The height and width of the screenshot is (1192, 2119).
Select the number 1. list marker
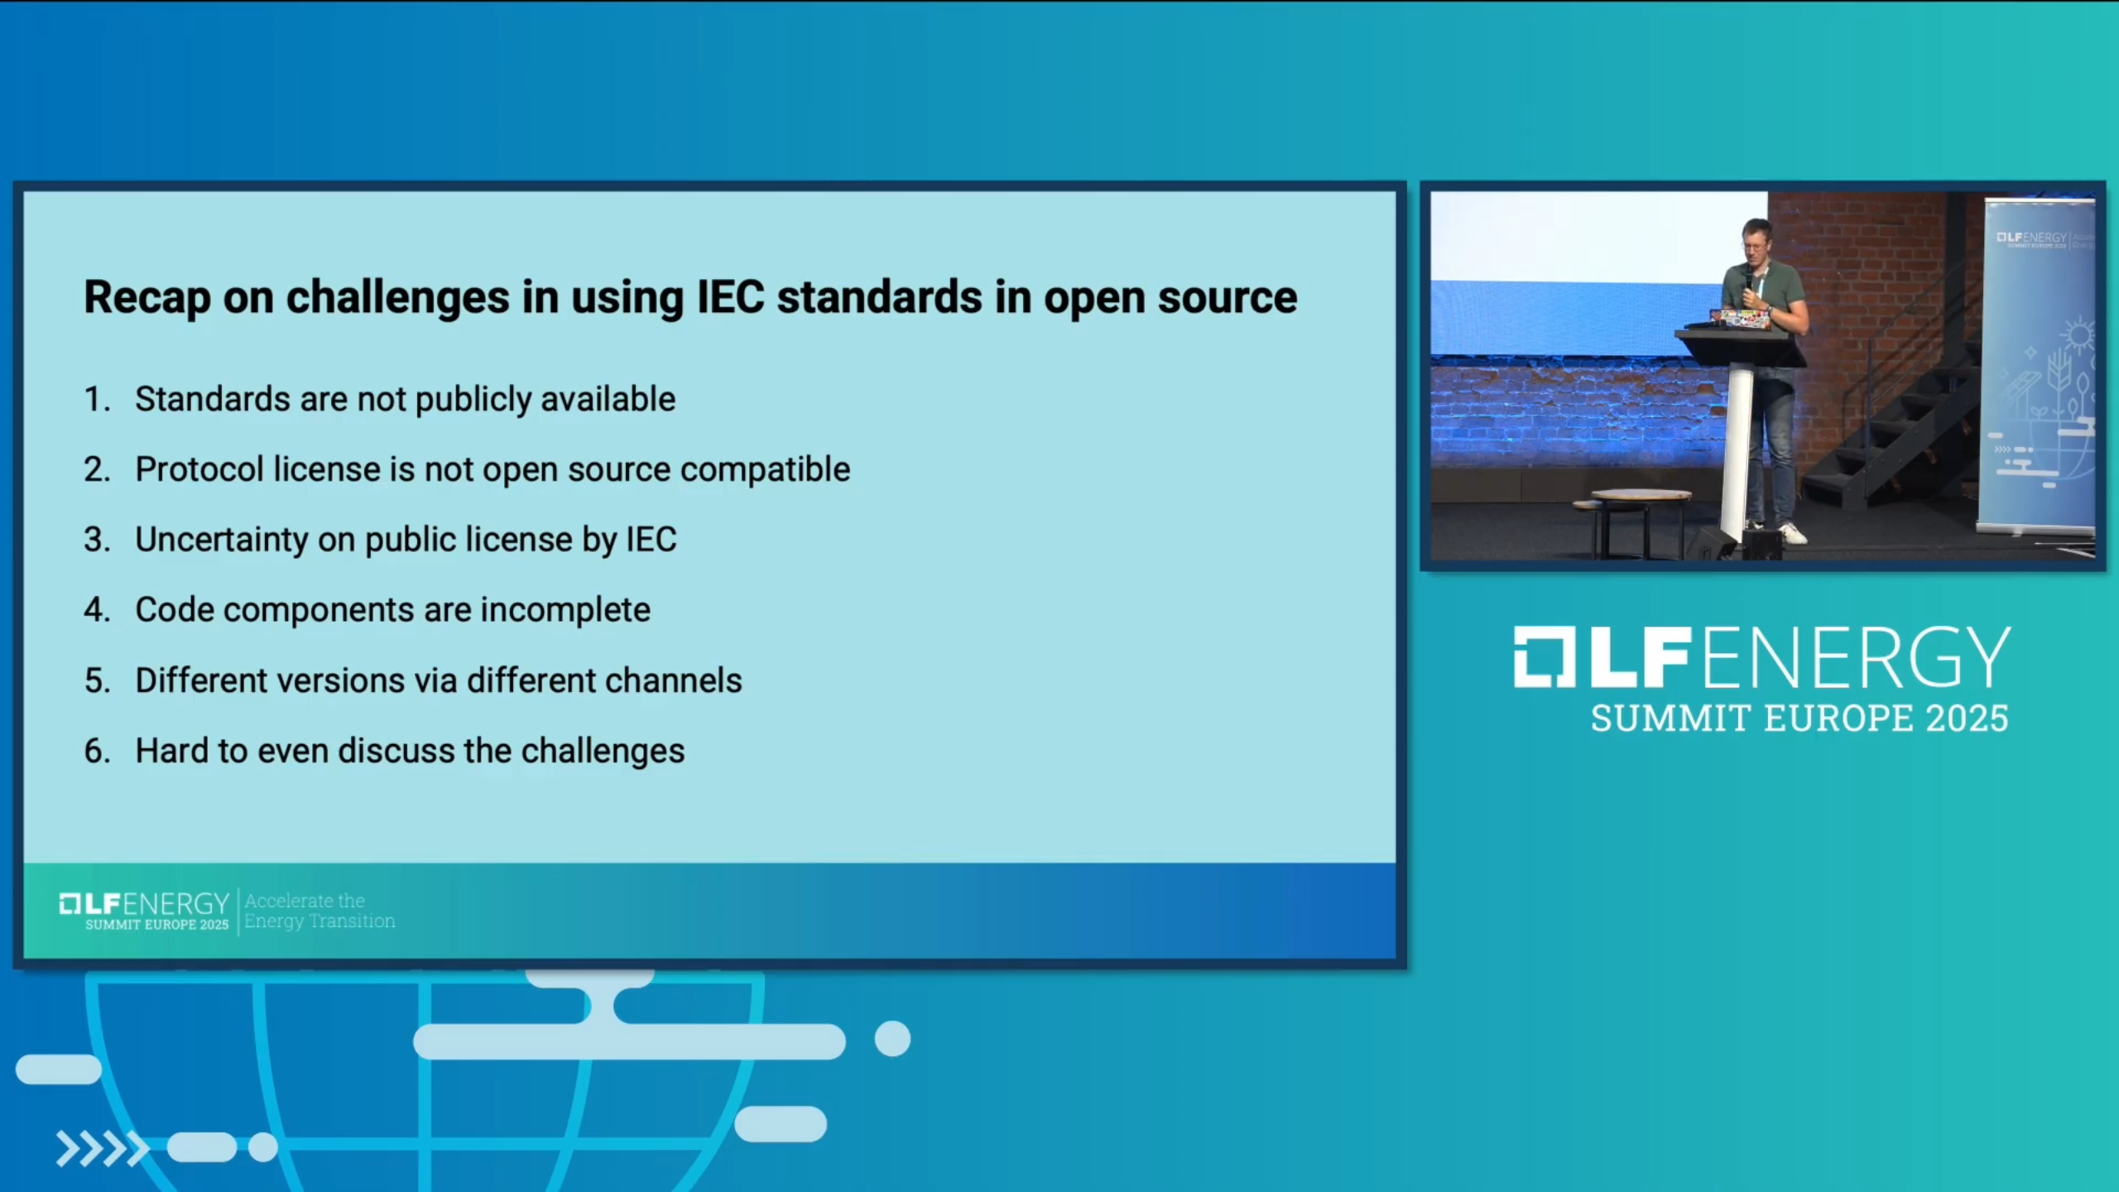point(97,399)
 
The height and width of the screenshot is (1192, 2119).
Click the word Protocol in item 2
point(199,469)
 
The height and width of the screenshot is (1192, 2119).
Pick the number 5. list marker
point(97,680)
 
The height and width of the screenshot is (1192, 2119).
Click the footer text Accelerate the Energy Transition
point(320,911)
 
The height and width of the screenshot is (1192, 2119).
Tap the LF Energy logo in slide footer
point(144,911)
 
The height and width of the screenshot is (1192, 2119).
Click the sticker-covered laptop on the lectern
point(1742,318)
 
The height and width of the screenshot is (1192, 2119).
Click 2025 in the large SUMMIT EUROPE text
point(1967,719)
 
